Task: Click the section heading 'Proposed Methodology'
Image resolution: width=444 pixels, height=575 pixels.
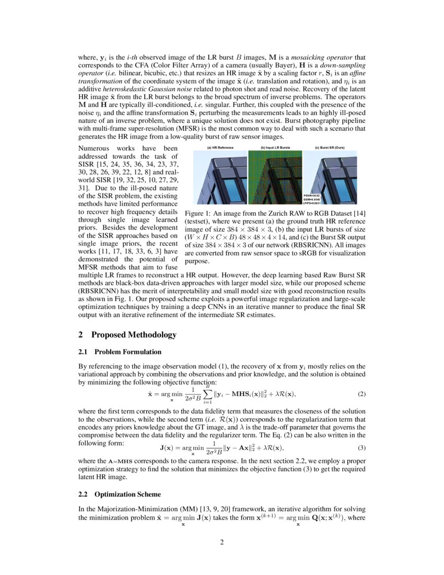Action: click(134, 335)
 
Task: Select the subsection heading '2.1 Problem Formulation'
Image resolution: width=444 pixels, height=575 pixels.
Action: click(120, 352)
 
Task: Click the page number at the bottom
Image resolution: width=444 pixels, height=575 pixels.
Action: click(221, 542)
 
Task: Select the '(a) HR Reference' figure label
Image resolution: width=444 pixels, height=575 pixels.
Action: click(220, 148)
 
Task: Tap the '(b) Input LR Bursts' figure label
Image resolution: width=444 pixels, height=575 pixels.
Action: click(275, 148)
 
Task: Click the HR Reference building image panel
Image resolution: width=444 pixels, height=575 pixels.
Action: click(220, 178)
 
